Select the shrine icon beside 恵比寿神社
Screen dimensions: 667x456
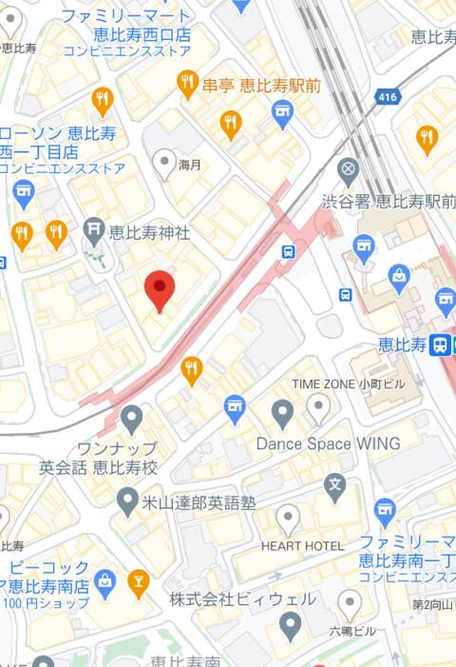pyautogui.click(x=92, y=228)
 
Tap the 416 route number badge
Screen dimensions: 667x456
pyautogui.click(x=386, y=97)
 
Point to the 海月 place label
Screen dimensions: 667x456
pyautogui.click(x=191, y=165)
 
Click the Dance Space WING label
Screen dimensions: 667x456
pyautogui.click(x=328, y=444)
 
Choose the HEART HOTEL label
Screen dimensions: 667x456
pyautogui.click(x=302, y=546)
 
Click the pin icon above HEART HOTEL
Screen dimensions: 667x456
pyautogui.click(x=288, y=519)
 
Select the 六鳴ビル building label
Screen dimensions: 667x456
pyautogui.click(x=351, y=631)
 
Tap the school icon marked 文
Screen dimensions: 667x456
pyautogui.click(x=334, y=486)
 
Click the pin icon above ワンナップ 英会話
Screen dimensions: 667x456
pyautogui.click(x=131, y=417)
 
